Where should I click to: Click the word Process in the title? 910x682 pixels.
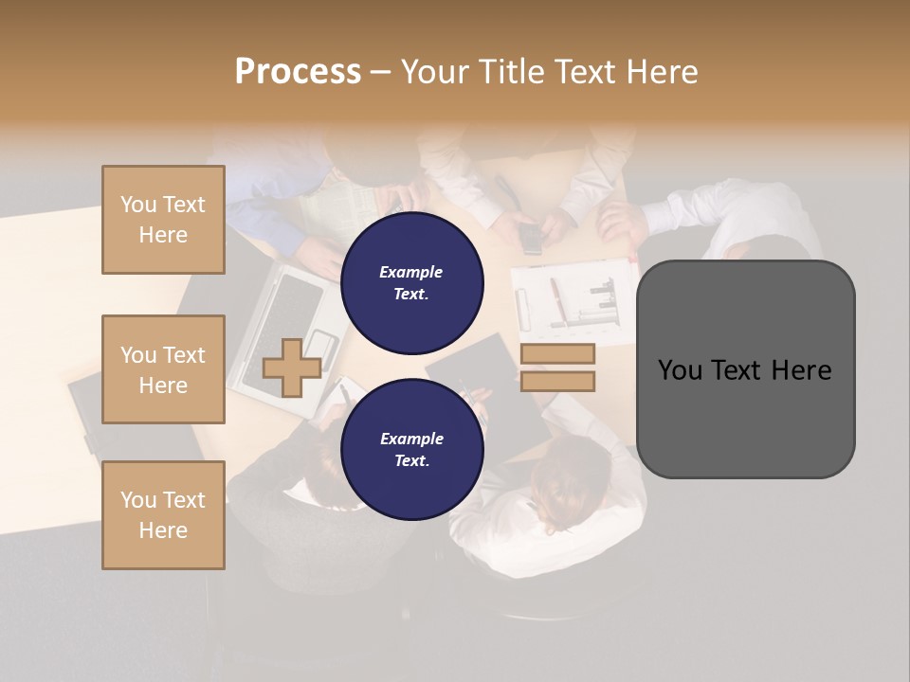tap(298, 71)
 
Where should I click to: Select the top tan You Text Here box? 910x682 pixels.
tap(163, 220)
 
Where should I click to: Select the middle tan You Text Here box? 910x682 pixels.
tap(163, 369)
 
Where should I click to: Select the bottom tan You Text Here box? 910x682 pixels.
tap(163, 515)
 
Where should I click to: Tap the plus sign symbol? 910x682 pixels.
tap(292, 368)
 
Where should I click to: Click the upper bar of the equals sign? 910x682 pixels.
tap(557, 354)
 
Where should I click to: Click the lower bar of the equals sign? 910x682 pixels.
tap(557, 381)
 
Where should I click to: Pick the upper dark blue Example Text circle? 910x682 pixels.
tap(411, 283)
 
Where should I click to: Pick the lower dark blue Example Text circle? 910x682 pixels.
tap(411, 449)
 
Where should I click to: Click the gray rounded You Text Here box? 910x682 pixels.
tap(745, 369)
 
